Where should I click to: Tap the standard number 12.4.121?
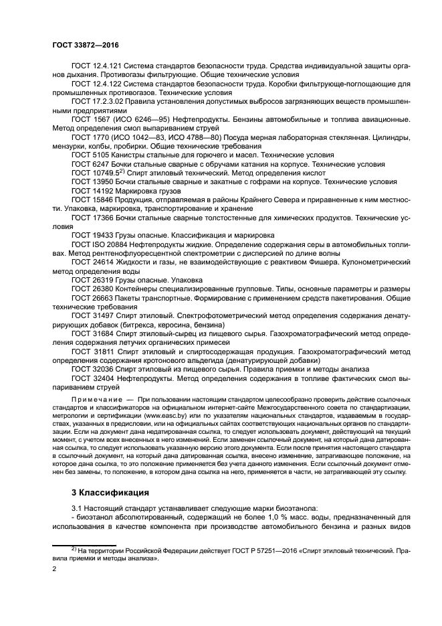pyautogui.click(x=106, y=67)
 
